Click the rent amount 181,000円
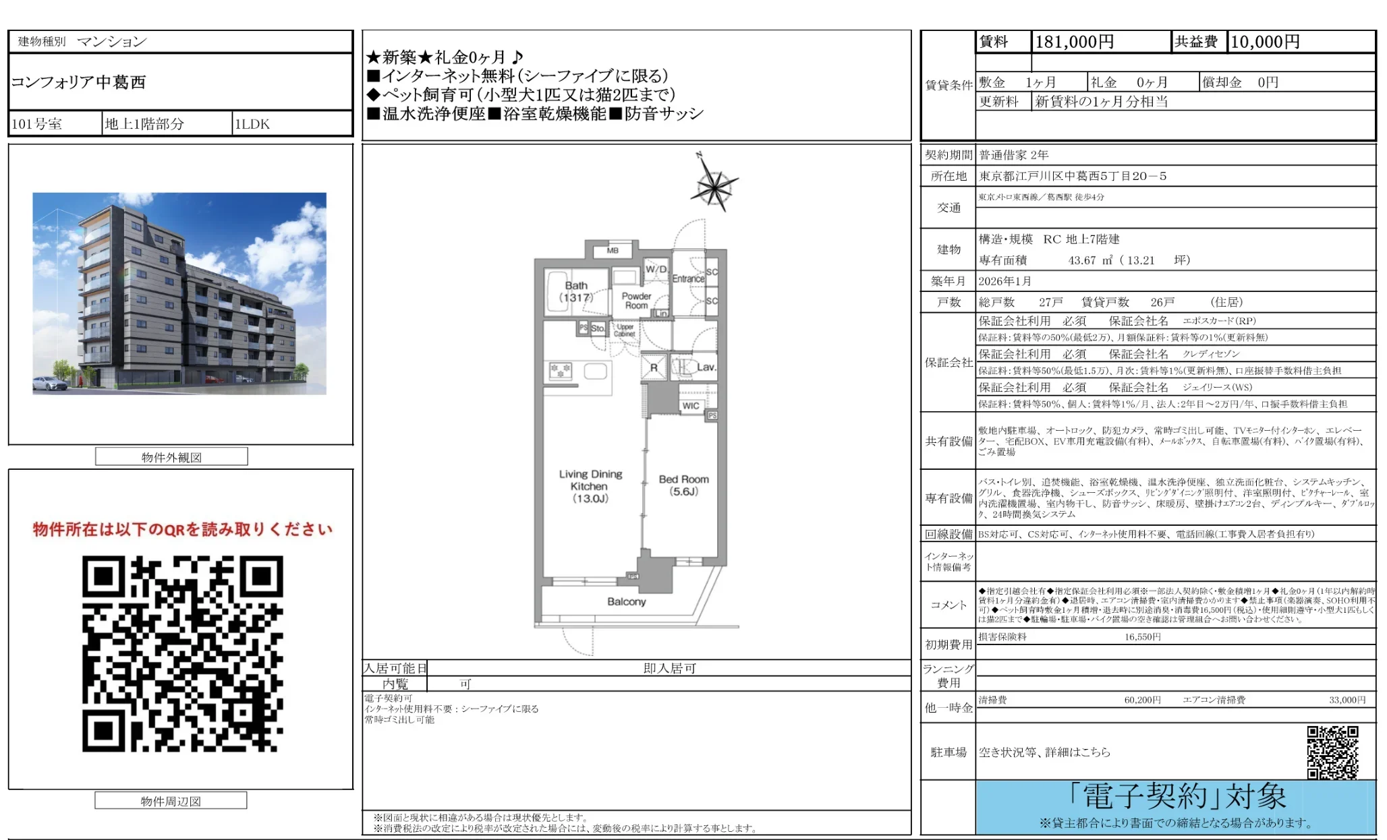[x=1074, y=42]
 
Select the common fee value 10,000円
[x=1265, y=42]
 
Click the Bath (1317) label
[x=576, y=291]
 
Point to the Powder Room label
[x=636, y=301]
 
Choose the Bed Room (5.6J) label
[x=683, y=485]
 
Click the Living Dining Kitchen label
[x=590, y=486]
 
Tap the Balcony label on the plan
[x=626, y=601]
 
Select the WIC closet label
[x=690, y=406]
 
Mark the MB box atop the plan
[x=613, y=251]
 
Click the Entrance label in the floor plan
[x=687, y=278]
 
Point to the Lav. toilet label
[x=706, y=367]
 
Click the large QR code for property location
[x=182, y=653]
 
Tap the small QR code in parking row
[x=1332, y=752]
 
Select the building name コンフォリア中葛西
[x=78, y=82]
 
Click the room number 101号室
[x=36, y=124]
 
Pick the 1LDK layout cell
[x=252, y=124]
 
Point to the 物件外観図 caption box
[x=171, y=457]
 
